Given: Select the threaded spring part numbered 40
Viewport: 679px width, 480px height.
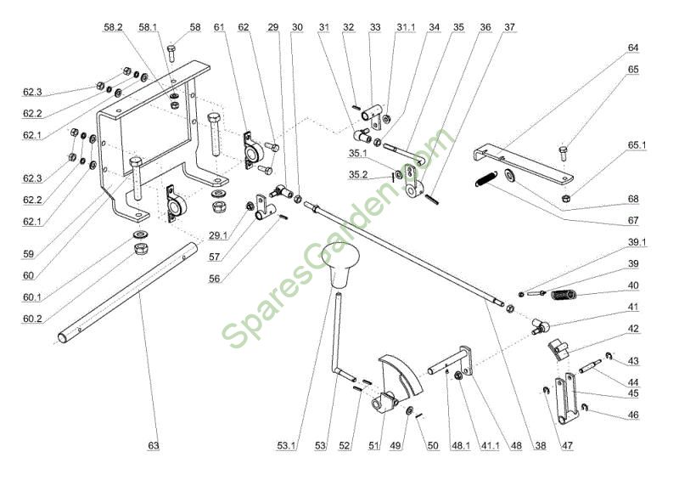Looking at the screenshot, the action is pos(564,295).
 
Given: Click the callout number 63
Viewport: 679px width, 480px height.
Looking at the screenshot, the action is pos(154,445).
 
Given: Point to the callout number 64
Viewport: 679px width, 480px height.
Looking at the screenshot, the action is pos(633,48).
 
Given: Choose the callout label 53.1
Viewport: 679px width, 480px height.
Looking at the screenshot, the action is pos(287,445).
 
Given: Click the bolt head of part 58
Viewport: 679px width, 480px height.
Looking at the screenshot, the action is pos(171,48).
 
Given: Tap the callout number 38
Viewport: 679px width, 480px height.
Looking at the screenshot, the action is pos(541,445).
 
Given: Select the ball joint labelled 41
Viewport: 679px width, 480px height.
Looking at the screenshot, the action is pos(540,326).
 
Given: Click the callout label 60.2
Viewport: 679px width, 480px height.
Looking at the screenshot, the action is pos(32,319).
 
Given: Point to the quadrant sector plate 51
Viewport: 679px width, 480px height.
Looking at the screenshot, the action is pos(401,376).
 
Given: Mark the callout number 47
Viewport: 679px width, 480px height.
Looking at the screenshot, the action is pos(567,445).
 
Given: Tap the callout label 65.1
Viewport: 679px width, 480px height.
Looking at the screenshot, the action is pos(637,144).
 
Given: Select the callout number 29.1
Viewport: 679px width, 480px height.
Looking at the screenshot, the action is pos(218,235).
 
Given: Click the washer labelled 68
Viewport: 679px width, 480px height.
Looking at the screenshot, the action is pos(509,175).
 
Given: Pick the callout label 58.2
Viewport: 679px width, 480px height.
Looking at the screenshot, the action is pos(113,27).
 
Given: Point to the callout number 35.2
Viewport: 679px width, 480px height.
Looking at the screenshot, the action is pos(358,174).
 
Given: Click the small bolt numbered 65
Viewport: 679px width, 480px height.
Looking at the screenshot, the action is pos(563,153).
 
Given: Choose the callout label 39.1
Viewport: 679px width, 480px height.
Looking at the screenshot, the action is pos(637,242).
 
